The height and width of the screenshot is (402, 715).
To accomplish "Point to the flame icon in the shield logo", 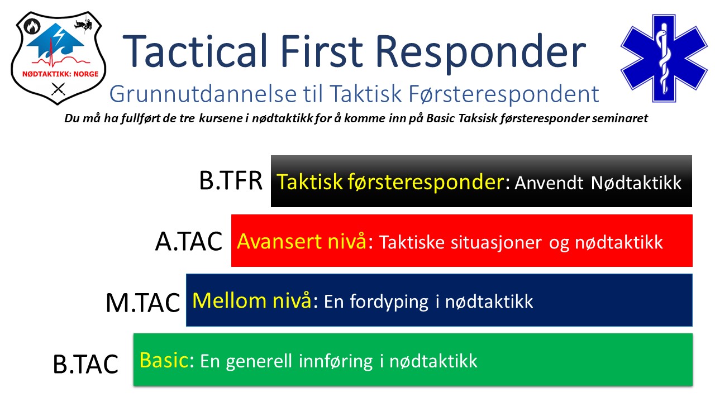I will (x=32, y=26).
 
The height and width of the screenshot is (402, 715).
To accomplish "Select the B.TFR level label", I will (x=231, y=181).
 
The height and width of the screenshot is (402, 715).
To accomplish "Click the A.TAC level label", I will (x=188, y=242).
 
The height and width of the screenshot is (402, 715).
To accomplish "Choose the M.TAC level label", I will (x=143, y=303).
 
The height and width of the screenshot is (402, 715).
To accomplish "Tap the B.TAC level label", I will (x=85, y=363).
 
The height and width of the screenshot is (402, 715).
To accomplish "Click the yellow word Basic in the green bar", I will (x=163, y=360).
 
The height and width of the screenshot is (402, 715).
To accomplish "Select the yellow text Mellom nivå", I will (x=251, y=301).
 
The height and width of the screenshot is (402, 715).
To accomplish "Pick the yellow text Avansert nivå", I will (x=302, y=241).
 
